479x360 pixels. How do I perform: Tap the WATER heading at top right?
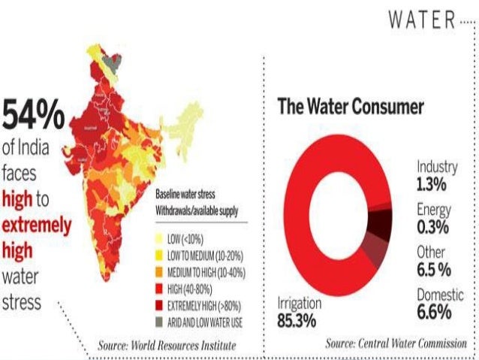[422, 21]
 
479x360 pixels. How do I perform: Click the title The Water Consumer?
[351, 106]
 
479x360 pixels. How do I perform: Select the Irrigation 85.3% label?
[300, 310]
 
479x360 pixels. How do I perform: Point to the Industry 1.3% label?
[437, 174]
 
